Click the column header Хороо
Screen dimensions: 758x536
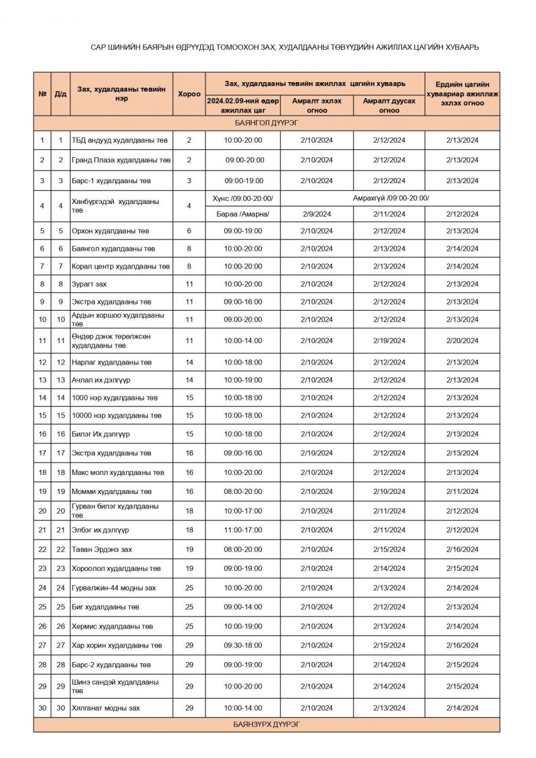click(189, 93)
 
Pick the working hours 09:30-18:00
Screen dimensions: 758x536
click(243, 646)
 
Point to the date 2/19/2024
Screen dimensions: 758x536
click(389, 341)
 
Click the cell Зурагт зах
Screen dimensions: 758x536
click(89, 284)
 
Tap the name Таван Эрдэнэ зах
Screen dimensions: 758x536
click(102, 550)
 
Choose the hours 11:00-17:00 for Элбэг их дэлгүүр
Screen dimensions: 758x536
click(243, 530)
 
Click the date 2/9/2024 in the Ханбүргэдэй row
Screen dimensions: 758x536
click(317, 214)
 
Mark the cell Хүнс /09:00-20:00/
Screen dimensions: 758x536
click(243, 198)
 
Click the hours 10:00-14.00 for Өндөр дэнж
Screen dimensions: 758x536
click(243, 341)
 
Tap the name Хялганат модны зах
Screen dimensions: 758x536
click(106, 708)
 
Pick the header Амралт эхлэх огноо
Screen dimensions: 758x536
click(317, 105)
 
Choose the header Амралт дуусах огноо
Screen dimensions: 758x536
click(389, 105)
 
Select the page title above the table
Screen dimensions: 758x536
click(284, 47)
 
